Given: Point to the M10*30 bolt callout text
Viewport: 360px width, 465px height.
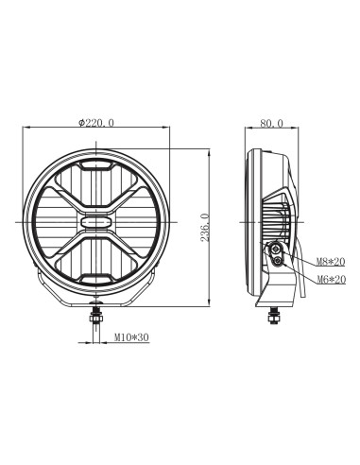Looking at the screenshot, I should [132, 336].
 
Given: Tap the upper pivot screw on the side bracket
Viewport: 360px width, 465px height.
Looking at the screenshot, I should [277, 248].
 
